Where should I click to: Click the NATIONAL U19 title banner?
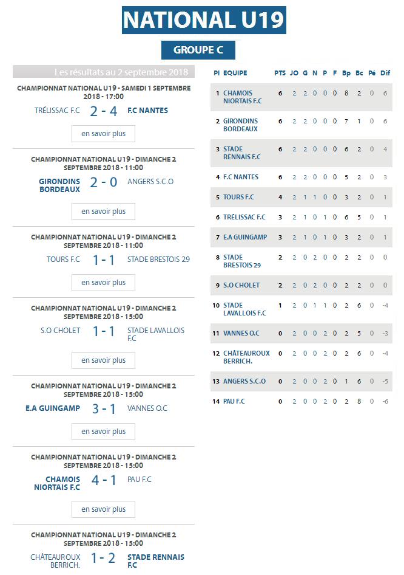[x=204, y=20]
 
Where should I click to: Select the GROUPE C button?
[x=198, y=50]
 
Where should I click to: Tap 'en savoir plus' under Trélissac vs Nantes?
[x=103, y=134]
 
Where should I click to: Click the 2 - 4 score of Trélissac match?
[x=103, y=111]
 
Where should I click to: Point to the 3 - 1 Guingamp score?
[x=103, y=408]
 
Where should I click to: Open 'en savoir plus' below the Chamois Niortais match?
[x=103, y=509]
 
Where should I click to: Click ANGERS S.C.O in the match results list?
[x=150, y=182]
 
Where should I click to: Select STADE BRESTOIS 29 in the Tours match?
[x=158, y=260]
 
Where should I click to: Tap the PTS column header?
[x=280, y=73]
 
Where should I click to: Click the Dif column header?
[x=385, y=73]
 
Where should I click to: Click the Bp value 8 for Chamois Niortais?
[x=346, y=94]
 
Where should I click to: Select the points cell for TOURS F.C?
[x=280, y=197]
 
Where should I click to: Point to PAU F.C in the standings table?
[x=234, y=401]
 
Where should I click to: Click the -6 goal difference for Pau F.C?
[x=385, y=401]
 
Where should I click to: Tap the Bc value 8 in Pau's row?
[x=359, y=401]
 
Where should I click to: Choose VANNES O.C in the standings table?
[x=241, y=333]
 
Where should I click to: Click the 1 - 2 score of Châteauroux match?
[x=103, y=558]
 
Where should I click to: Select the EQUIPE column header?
[x=235, y=73]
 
